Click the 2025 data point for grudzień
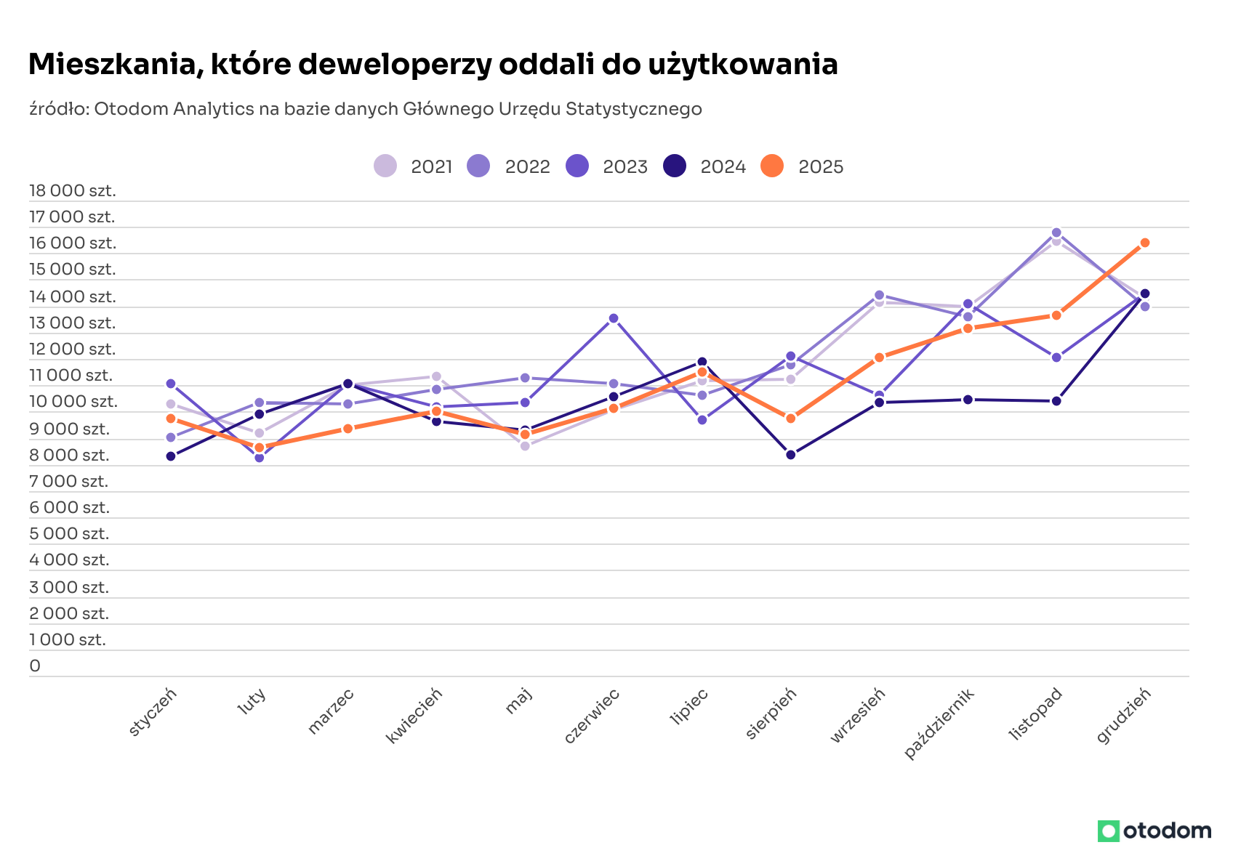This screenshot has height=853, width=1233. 1144,243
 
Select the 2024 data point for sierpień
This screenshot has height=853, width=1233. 790,455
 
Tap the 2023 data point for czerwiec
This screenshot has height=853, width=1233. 614,318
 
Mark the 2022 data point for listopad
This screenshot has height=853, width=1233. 1056,233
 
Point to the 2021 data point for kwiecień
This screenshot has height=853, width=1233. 436,376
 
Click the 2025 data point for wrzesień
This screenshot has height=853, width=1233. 879,357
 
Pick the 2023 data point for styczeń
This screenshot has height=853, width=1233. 171,384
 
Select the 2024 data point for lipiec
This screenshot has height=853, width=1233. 702,362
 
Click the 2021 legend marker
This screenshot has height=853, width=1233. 385,166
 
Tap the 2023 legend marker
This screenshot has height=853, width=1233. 577,166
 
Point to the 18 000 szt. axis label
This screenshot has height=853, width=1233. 73,191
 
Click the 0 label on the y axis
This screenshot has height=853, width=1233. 35,666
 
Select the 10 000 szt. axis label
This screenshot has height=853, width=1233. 73,402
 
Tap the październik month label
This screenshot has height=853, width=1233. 939,723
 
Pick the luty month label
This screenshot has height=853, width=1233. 252,702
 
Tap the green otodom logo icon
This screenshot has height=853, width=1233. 1108,830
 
